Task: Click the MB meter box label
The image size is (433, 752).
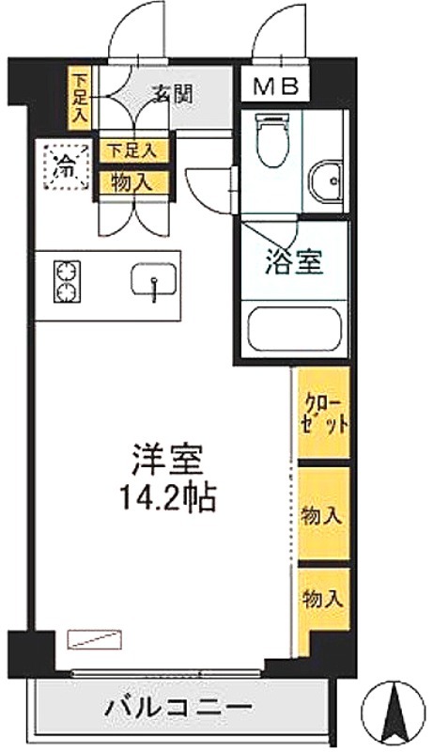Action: click(276, 86)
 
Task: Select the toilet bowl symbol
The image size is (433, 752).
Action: click(271, 139)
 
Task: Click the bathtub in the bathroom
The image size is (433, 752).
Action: click(294, 328)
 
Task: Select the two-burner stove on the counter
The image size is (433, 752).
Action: click(67, 281)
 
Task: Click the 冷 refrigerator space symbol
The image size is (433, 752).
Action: click(66, 166)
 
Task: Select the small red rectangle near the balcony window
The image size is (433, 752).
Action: click(94, 640)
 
